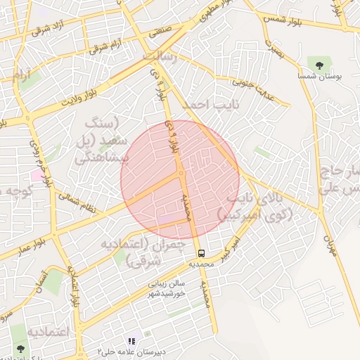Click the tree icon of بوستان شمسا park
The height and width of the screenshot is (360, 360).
320,65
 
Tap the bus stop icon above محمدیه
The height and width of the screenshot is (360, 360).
201,252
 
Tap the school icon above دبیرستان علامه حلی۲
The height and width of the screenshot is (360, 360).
131,341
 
